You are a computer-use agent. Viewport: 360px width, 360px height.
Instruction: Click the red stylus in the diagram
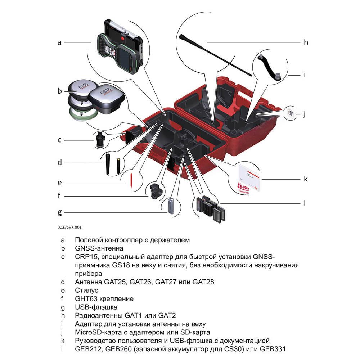click(131, 181)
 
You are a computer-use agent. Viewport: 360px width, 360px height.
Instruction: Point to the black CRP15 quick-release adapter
click(100, 140)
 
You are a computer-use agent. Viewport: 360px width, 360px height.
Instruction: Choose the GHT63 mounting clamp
click(157, 190)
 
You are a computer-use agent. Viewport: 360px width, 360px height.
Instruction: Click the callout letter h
click(306, 42)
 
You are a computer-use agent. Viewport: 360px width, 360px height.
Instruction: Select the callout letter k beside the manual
click(306, 179)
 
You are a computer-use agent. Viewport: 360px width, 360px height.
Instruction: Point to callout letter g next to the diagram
click(60, 212)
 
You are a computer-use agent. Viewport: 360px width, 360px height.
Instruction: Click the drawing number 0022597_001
click(69, 227)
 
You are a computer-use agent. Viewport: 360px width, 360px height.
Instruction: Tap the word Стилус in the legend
click(86, 290)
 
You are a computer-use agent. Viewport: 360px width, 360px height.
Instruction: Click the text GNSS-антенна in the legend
click(99, 248)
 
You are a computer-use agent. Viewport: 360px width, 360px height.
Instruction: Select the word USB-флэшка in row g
click(96, 307)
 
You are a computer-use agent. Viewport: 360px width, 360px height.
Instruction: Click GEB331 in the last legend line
click(273, 349)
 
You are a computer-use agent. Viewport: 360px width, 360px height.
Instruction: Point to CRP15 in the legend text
click(86, 257)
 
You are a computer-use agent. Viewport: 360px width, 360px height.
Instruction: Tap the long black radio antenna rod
click(215, 55)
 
